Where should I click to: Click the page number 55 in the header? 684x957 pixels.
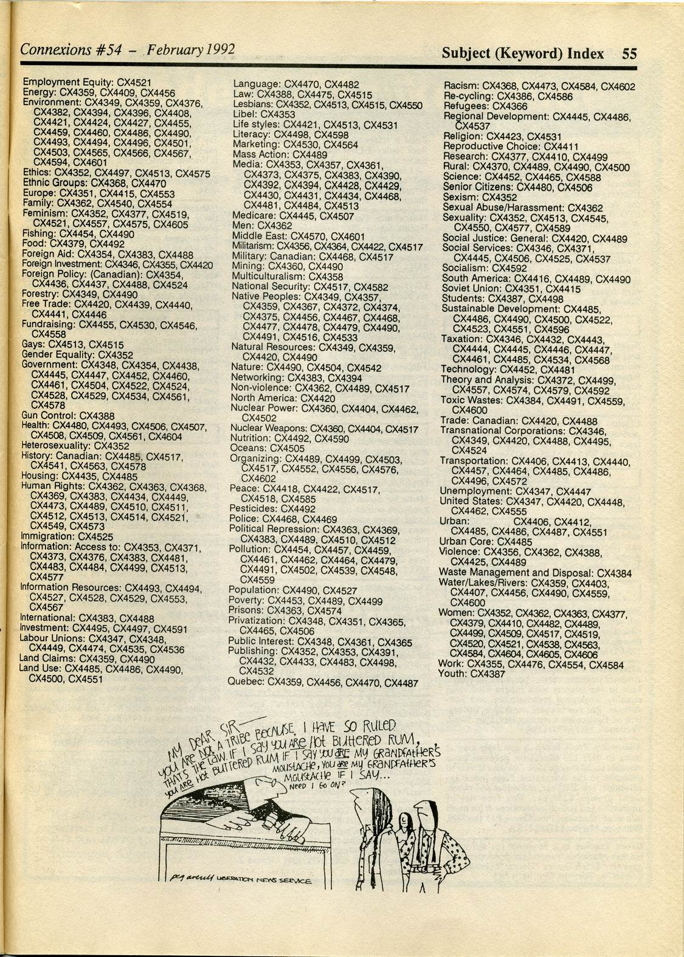pyautogui.click(x=629, y=54)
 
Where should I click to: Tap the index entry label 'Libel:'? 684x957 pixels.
pyautogui.click(x=245, y=114)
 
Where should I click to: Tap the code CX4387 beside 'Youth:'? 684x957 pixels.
pyautogui.click(x=488, y=674)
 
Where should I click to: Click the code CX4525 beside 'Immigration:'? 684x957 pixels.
pyautogui.click(x=96, y=536)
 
